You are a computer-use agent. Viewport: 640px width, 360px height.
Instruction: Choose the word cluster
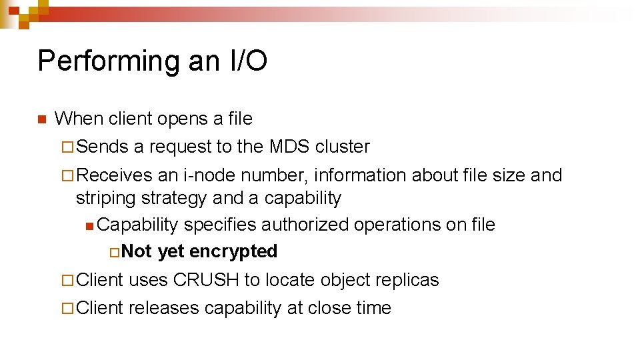click(x=342, y=147)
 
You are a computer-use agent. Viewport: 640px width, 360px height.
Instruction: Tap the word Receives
click(x=115, y=175)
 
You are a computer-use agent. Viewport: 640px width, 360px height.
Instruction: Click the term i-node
click(x=209, y=175)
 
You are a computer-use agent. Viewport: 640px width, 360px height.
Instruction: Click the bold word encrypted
click(x=233, y=251)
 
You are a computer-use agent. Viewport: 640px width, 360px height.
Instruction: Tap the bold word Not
click(x=137, y=251)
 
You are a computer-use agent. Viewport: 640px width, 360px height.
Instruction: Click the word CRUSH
click(x=206, y=280)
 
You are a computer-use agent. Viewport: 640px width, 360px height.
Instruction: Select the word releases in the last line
click(x=164, y=308)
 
